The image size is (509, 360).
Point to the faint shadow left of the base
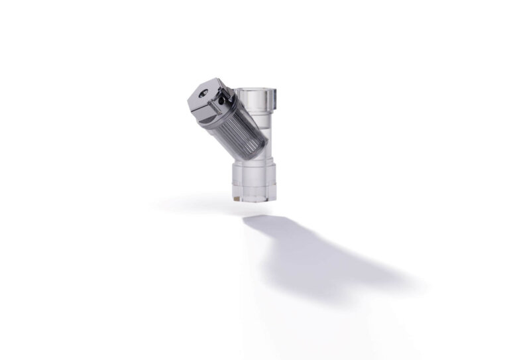tap(192, 202)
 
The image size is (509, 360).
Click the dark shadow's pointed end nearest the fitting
tap(247, 218)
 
